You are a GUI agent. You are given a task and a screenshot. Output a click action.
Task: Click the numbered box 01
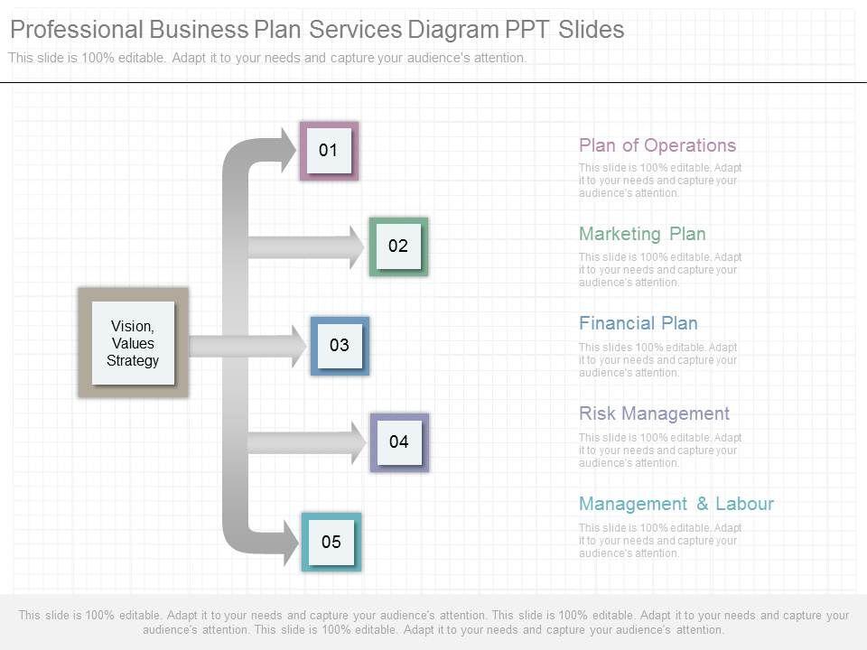(329, 151)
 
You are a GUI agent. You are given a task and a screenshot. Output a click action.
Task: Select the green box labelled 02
(398, 246)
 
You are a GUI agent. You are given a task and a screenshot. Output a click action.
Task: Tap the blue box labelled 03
(340, 345)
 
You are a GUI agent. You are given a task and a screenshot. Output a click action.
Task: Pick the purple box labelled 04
(399, 441)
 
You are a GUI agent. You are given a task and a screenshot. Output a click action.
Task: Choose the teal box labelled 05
(331, 542)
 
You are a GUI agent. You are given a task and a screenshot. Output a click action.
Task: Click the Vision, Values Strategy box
(133, 343)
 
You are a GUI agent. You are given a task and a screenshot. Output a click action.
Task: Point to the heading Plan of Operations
(657, 145)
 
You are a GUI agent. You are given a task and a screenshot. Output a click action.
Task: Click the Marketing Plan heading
(642, 234)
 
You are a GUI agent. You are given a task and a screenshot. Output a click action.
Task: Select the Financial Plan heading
(638, 323)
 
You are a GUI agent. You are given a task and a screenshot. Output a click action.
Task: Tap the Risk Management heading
(654, 413)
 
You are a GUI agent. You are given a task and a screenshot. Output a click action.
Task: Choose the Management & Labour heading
(676, 504)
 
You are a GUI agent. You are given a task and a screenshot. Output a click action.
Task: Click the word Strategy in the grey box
(133, 360)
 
